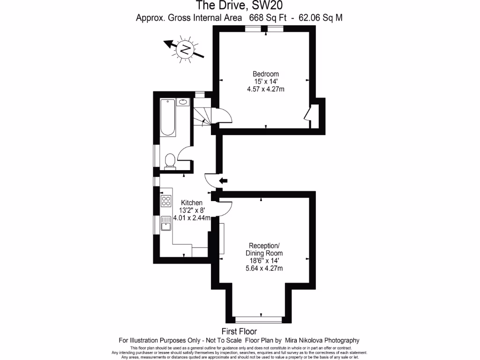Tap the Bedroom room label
pos(266,74)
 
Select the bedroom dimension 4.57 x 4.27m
pos(266,89)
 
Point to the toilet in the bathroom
pos(170,160)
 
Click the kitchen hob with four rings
pos(166,201)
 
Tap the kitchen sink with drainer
pos(166,224)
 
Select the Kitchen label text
pos(192,202)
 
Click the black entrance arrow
pos(224,180)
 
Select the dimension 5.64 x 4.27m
pos(264,269)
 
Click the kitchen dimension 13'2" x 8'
pos(192,210)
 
